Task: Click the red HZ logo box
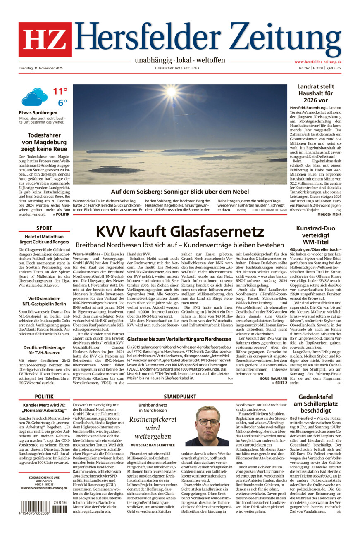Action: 45,39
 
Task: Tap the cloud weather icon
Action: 34,97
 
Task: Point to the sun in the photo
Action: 171,92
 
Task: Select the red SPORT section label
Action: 44,228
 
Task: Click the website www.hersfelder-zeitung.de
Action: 317,62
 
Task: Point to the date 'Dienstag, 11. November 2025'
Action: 41,68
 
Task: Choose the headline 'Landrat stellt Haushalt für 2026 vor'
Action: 315,94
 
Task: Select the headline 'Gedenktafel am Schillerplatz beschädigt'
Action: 315,407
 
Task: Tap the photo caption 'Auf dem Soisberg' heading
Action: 180,192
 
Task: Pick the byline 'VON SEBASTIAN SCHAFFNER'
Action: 153,445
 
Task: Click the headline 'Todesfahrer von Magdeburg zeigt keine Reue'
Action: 44,142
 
